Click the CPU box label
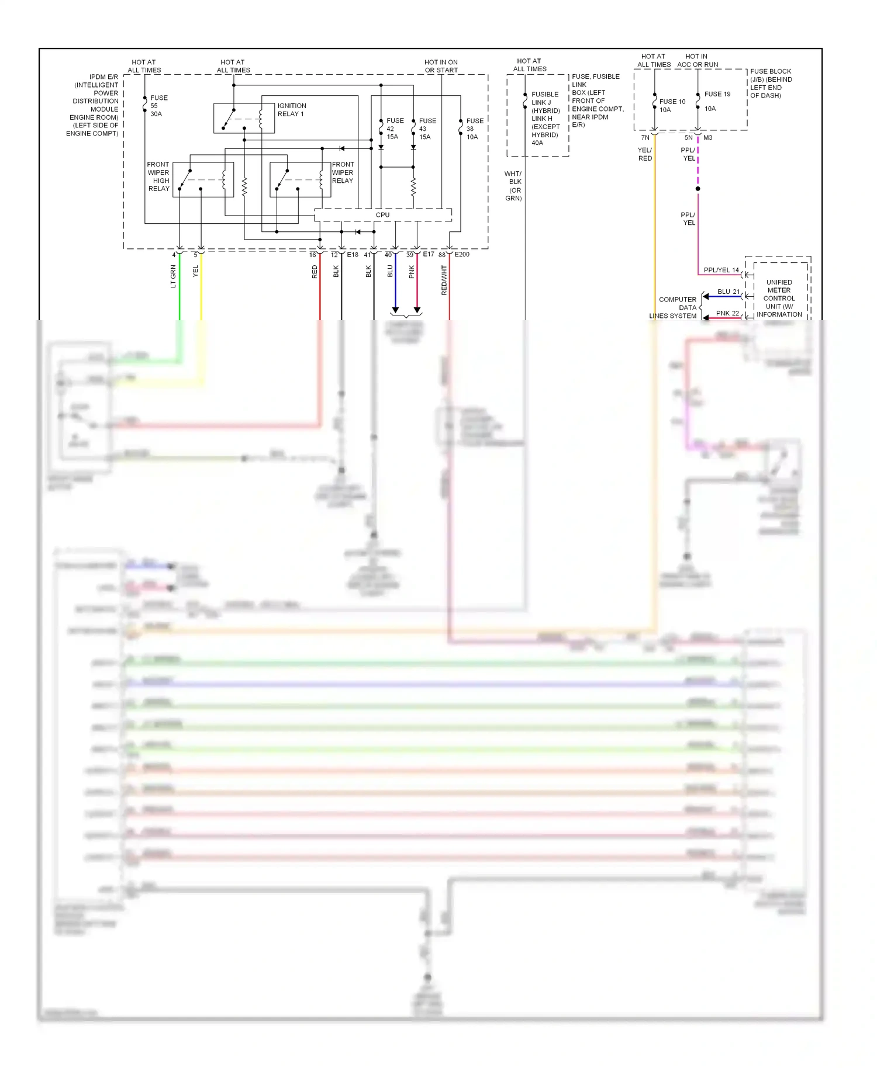pyautogui.click(x=382, y=215)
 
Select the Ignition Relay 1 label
pyautogui.click(x=291, y=110)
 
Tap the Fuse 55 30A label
pyautogui.click(x=158, y=106)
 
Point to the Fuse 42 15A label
pyautogui.click(x=395, y=129)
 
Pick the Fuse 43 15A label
pyautogui.click(x=427, y=129)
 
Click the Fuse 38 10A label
pyautogui.click(x=474, y=129)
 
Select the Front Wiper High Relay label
pyautogui.click(x=158, y=176)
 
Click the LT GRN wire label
pyautogui.click(x=173, y=276)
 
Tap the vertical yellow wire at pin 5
pyautogui.click(x=201, y=292)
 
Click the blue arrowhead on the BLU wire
pyautogui.click(x=395, y=310)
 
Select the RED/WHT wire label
pyautogui.click(x=444, y=280)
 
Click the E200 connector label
pyautogui.click(x=462, y=255)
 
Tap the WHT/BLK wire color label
pyautogui.click(x=513, y=186)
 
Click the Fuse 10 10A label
pyautogui.click(x=672, y=105)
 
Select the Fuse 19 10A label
pyautogui.click(x=717, y=100)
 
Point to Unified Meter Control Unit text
pyautogui.click(x=779, y=298)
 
